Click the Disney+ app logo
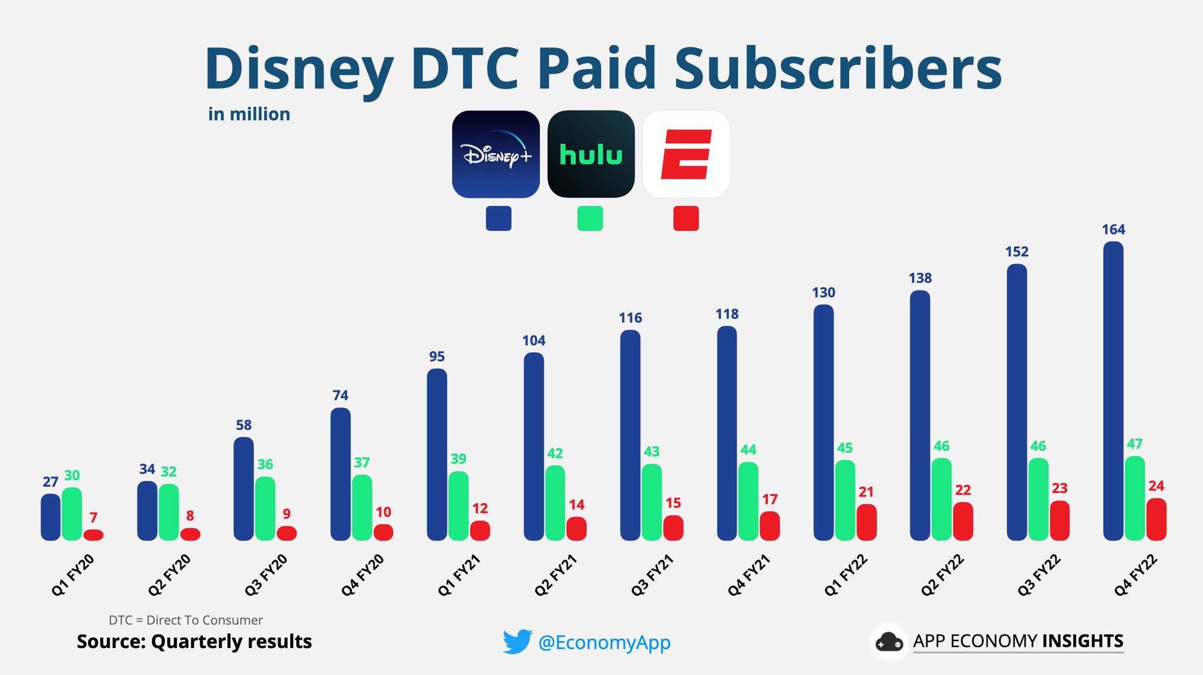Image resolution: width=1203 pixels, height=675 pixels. click(496, 154)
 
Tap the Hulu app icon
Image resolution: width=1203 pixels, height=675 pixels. click(591, 154)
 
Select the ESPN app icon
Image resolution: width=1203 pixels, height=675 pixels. click(686, 154)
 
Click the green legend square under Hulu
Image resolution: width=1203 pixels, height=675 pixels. click(590, 218)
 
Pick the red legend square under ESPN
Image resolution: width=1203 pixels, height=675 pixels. click(685, 218)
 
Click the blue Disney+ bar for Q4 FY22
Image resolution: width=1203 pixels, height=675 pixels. click(1113, 390)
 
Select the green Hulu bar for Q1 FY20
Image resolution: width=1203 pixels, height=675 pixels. click(72, 514)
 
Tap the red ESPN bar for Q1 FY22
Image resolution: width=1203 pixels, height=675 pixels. click(866, 522)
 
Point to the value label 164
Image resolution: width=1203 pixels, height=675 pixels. click(1113, 230)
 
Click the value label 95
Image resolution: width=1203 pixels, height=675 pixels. click(436, 356)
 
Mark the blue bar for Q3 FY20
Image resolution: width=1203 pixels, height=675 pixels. click(244, 488)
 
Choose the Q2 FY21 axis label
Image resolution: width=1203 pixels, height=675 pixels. click(555, 575)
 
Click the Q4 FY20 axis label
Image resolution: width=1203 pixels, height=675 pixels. click(362, 575)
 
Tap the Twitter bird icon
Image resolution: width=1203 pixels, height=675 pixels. click(517, 642)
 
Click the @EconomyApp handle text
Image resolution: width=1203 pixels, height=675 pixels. click(604, 642)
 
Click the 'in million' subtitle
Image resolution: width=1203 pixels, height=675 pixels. click(249, 114)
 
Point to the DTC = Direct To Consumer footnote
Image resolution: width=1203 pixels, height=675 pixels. click(186, 620)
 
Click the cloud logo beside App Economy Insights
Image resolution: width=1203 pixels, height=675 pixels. click(889, 642)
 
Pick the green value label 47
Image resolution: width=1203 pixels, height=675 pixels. click(1134, 444)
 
